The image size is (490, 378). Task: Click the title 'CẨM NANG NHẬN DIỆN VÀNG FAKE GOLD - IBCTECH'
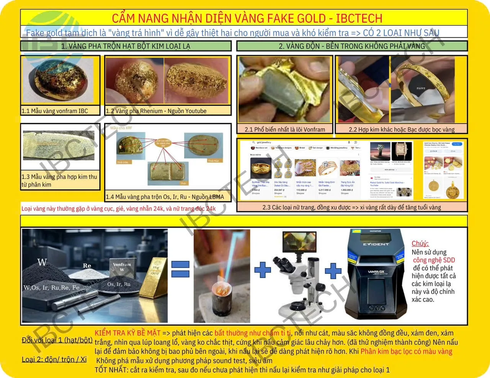pos(247,18)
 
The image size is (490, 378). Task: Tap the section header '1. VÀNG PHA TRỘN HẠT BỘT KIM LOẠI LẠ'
pos(126,46)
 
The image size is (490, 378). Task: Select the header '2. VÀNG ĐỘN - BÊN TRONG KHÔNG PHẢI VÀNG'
pos(351,46)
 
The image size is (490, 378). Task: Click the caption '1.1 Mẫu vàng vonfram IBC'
pos(55,111)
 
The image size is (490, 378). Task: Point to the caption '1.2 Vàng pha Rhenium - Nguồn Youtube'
pos(156,111)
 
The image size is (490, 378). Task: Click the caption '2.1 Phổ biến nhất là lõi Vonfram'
pos(284,129)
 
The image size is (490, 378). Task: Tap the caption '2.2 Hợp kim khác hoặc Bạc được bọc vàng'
pos(401,129)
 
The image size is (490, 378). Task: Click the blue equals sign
pos(180,269)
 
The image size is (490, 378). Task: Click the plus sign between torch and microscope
pos(263,270)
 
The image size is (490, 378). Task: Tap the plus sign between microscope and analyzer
pos(333,270)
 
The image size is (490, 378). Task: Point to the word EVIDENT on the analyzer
pos(376,244)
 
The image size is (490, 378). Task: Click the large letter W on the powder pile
pos(42,262)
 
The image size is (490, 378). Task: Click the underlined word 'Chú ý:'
pos(420,243)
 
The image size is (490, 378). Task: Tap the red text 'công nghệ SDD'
pos(434,260)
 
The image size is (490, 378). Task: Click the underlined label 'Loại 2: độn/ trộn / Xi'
pos(54,359)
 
